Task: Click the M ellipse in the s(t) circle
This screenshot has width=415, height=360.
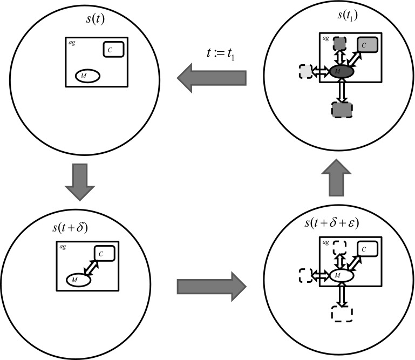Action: [x=87, y=77]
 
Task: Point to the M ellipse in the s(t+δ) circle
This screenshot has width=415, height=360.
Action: [x=78, y=280]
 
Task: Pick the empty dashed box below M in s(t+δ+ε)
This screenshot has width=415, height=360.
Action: [x=341, y=314]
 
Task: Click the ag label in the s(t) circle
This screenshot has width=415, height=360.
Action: [x=72, y=42]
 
